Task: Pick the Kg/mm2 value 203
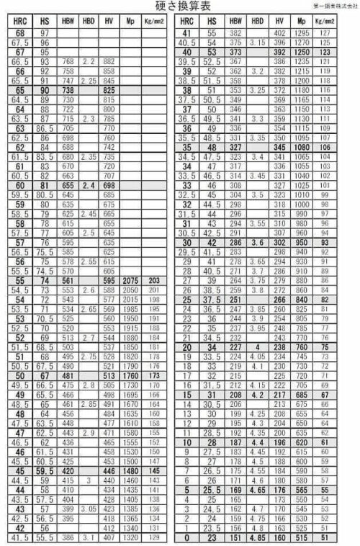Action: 155,279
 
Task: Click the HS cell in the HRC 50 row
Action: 45,375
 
